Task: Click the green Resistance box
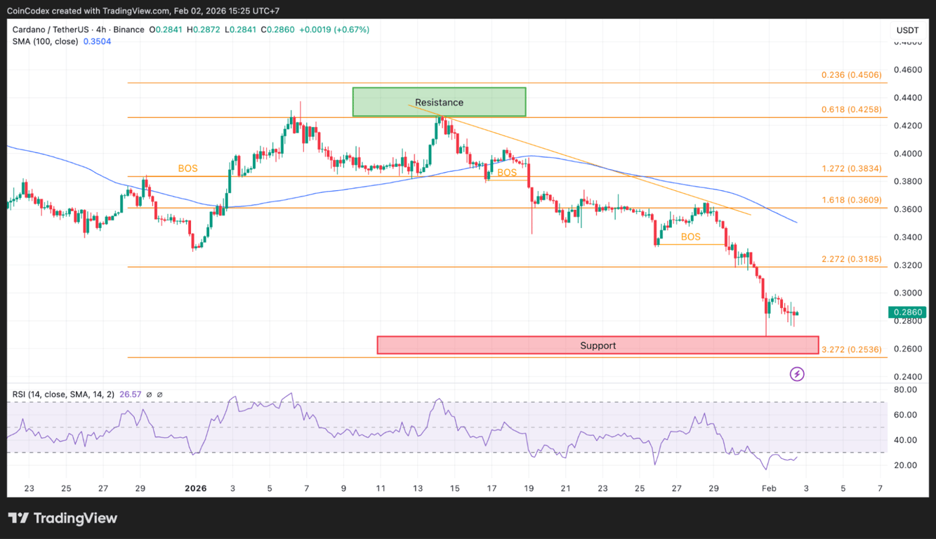(x=439, y=102)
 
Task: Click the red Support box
(x=598, y=345)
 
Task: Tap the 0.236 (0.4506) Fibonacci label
(x=851, y=75)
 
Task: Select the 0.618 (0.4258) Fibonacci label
(x=851, y=109)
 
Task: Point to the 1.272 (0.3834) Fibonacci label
(x=851, y=169)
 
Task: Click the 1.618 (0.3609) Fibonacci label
(x=851, y=200)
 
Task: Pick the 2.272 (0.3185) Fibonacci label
(x=851, y=259)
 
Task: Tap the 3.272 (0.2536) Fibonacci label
(x=851, y=349)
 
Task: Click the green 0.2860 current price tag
(x=907, y=312)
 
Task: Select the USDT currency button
(x=907, y=30)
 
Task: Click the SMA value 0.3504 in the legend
(x=97, y=41)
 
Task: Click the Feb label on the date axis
(x=770, y=488)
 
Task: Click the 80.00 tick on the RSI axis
(x=906, y=390)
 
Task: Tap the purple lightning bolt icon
(x=797, y=374)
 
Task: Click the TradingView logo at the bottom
(x=62, y=519)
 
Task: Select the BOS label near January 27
(x=690, y=237)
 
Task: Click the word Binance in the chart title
(x=128, y=29)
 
